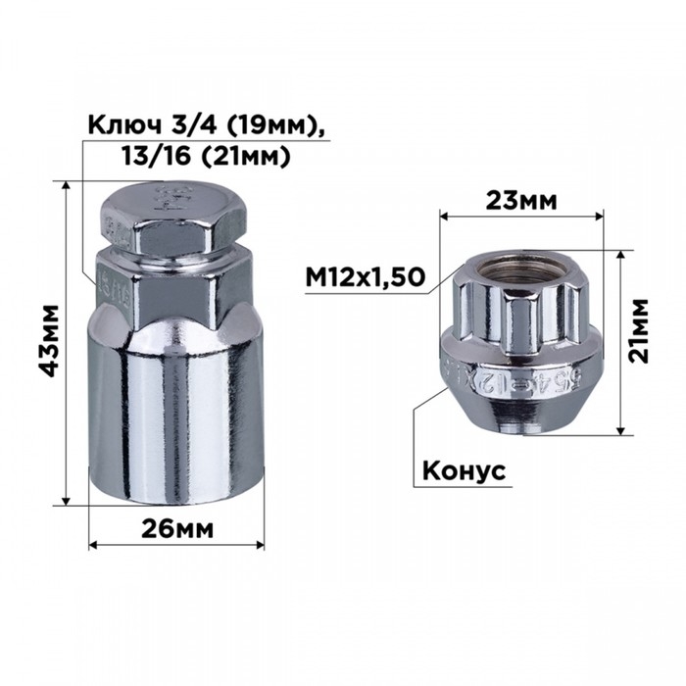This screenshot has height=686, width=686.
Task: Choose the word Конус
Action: [463, 471]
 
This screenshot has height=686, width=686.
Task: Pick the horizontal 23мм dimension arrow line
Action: [521, 218]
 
